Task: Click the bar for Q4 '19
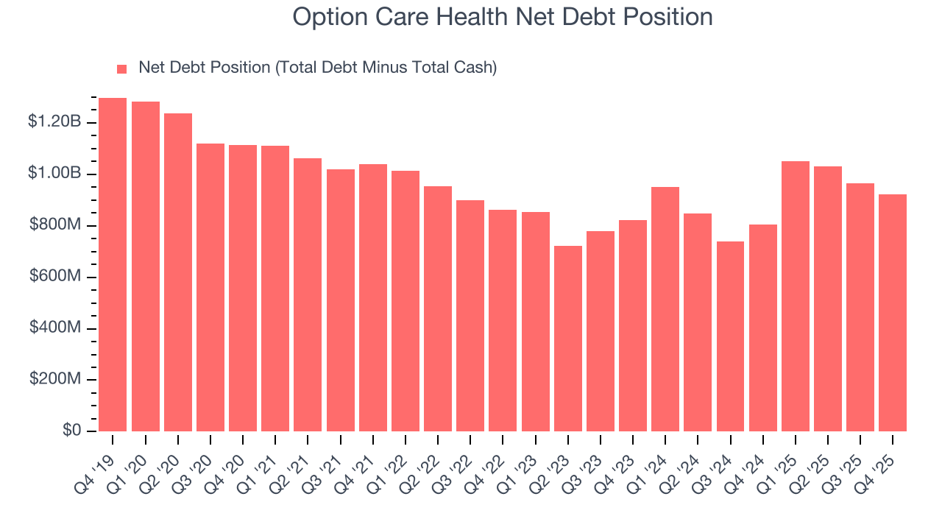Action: (113, 264)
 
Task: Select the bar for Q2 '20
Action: (177, 272)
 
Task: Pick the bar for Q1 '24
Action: (665, 309)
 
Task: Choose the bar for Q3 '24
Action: (730, 336)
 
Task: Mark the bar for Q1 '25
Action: (795, 296)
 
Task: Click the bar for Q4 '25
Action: (893, 313)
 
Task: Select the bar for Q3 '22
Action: (470, 316)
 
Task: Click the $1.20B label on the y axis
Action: (54, 121)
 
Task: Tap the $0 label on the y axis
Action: (71, 431)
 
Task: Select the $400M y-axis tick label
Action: (55, 328)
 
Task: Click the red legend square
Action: (122, 68)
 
